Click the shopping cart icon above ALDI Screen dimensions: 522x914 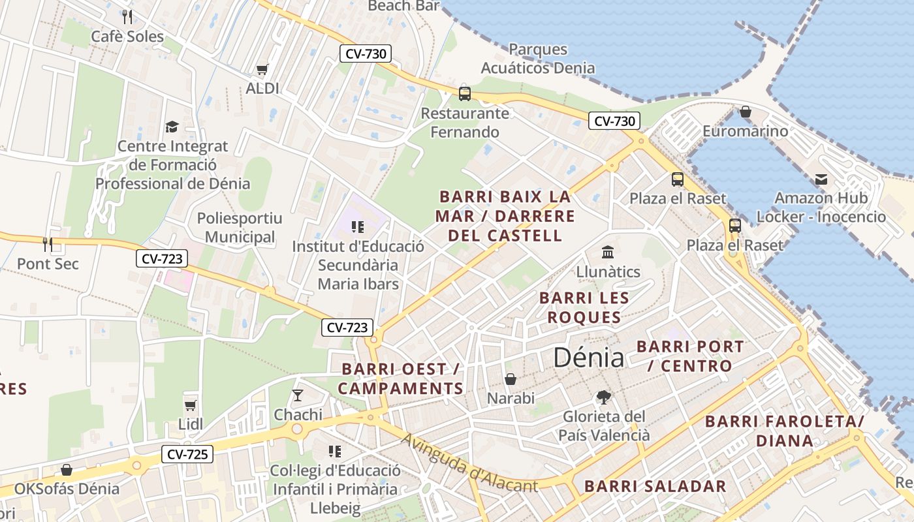[262, 69]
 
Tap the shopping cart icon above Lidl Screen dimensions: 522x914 [191, 406]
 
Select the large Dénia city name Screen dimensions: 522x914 [588, 357]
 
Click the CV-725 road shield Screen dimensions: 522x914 [187, 453]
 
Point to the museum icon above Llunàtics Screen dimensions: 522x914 [608, 252]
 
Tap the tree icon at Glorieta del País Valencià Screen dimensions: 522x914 [604, 397]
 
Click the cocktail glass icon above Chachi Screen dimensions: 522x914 [298, 395]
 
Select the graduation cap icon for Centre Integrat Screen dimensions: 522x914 [172, 127]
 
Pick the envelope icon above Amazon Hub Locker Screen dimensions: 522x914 [821, 179]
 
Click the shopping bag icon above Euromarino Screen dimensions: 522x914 [745, 112]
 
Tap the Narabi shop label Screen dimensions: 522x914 [511, 398]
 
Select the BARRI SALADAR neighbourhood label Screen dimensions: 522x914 [655, 486]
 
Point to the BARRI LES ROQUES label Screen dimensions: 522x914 [584, 308]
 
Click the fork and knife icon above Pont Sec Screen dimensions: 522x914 [47, 245]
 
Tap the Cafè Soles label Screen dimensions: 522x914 [127, 37]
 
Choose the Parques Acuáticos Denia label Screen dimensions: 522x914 [538, 59]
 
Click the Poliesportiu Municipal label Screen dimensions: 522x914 [240, 228]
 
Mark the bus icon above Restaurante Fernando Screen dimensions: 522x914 [464, 93]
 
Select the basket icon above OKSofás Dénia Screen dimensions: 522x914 [67, 470]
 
